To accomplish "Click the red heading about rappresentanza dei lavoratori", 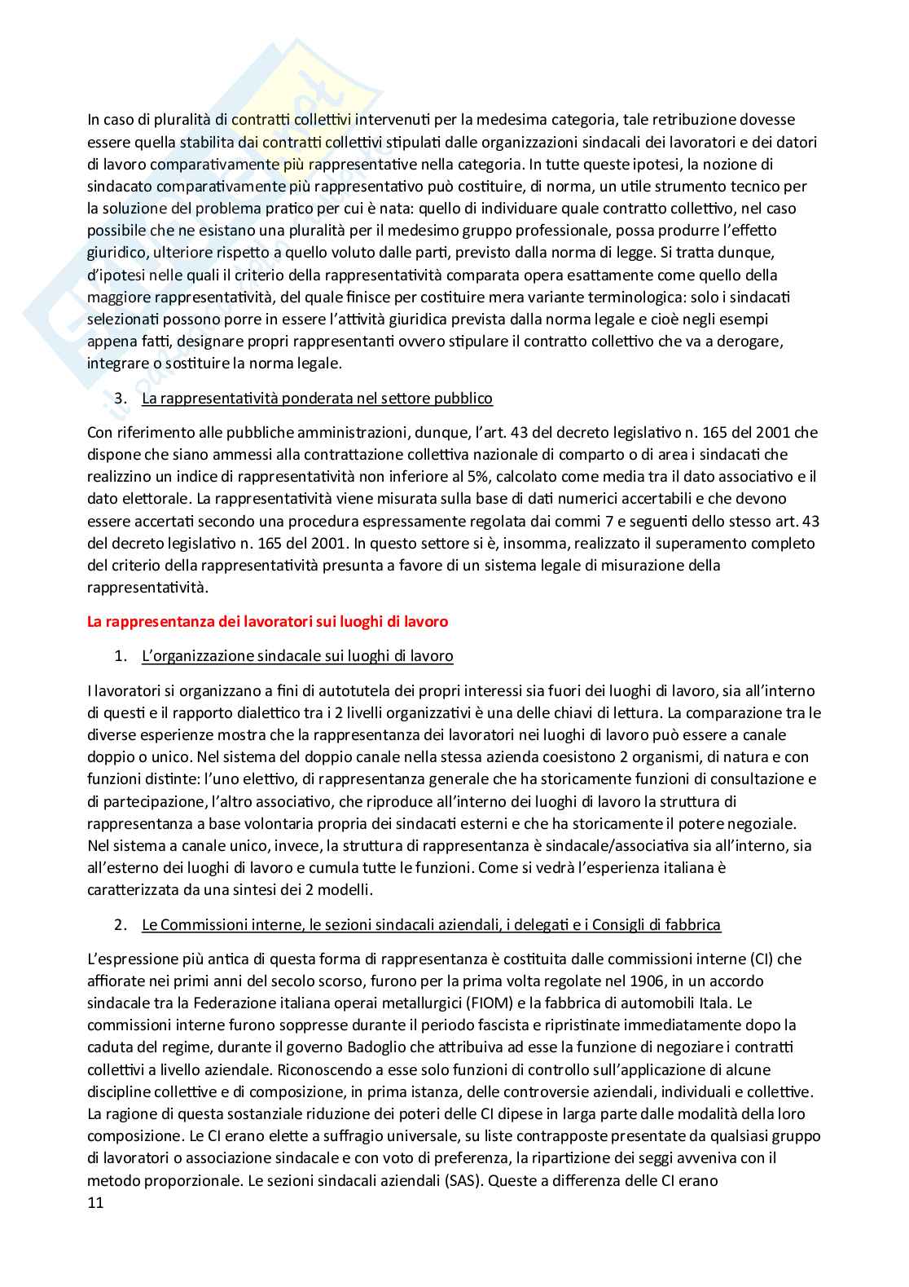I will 267,622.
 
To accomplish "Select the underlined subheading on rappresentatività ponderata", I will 317,399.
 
